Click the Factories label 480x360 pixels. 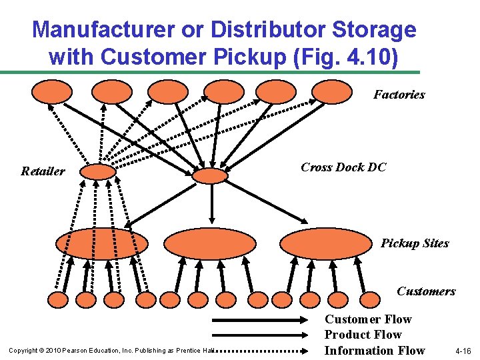(399, 95)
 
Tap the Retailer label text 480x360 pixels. (43, 171)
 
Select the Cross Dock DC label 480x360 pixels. (343, 167)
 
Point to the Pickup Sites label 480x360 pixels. (415, 243)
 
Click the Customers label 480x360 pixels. (426, 291)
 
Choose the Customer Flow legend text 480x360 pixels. (368, 319)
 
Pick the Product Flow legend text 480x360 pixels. (363, 335)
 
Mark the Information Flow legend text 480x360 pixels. (375, 351)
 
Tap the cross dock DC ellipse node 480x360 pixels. (210, 175)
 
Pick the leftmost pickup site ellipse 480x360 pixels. (101, 243)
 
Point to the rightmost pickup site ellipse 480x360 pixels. (325, 243)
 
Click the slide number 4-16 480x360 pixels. (462, 351)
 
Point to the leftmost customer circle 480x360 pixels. (58, 300)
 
